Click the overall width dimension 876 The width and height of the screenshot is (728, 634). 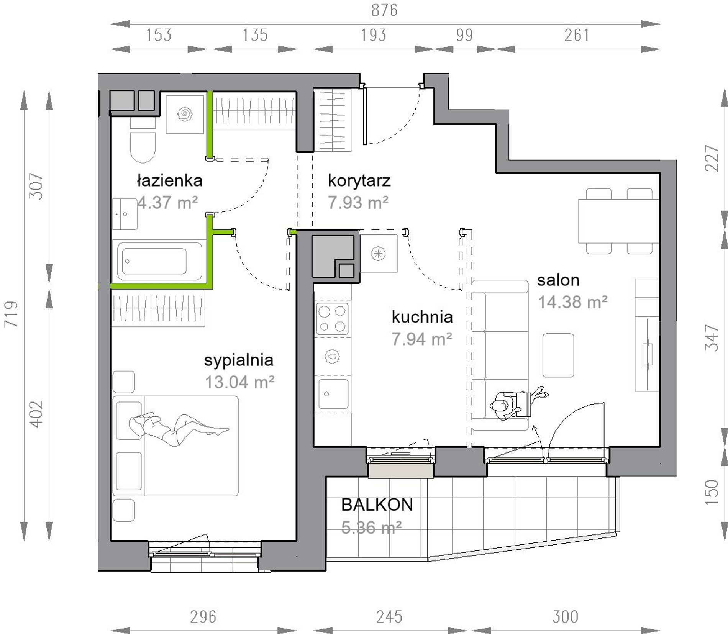pyautogui.click(x=384, y=10)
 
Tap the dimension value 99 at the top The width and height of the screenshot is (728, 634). pyautogui.click(x=464, y=35)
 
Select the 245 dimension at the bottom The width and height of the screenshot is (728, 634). pyautogui.click(x=389, y=617)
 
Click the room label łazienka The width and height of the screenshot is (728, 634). pyautogui.click(x=169, y=180)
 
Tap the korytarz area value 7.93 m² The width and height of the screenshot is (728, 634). pyautogui.click(x=358, y=202)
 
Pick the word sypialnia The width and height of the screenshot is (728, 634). pyautogui.click(x=239, y=360)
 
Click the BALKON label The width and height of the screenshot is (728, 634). pyautogui.click(x=377, y=505)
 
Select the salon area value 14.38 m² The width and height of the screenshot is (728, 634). pyautogui.click(x=573, y=302)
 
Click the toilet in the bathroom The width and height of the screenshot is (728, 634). pyautogui.click(x=143, y=141)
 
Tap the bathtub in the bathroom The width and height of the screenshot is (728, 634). pyautogui.click(x=160, y=261)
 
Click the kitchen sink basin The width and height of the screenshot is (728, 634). pyautogui.click(x=334, y=394)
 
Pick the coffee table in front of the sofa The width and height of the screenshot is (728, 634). pyautogui.click(x=558, y=355)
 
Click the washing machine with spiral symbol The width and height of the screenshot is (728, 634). pyautogui.click(x=185, y=114)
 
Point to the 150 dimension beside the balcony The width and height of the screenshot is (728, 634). pyautogui.click(x=712, y=492)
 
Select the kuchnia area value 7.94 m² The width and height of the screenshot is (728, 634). pyautogui.click(x=422, y=339)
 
